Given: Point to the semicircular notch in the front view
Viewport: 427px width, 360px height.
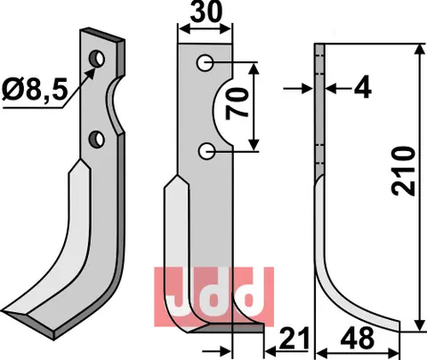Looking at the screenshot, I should tap(223, 107).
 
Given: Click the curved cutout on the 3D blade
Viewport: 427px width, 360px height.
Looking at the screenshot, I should tap(114, 100).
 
